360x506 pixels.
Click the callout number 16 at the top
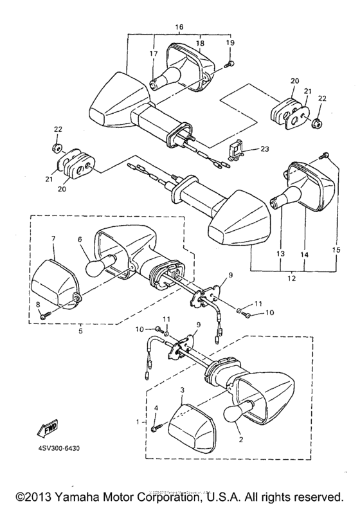(x=179, y=28)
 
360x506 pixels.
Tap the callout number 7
(x=53, y=239)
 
